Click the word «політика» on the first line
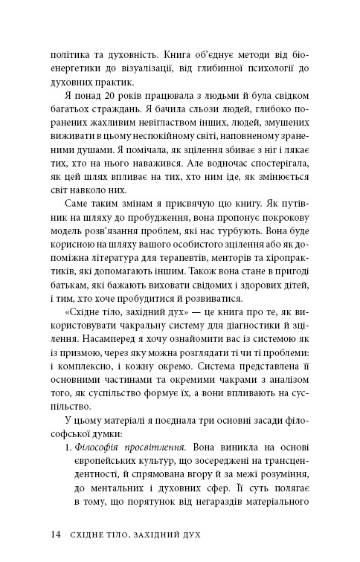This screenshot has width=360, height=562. pos(70,54)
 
